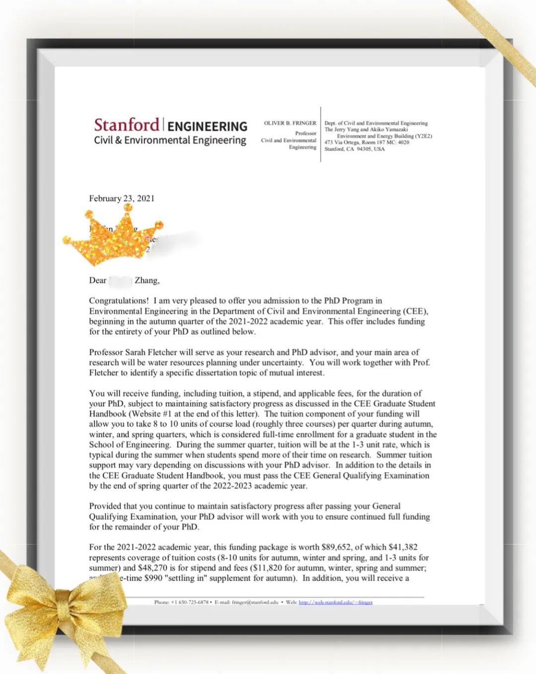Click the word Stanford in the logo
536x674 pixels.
click(x=127, y=124)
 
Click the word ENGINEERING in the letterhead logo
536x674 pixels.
click(x=207, y=126)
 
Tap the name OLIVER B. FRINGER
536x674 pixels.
click(x=290, y=123)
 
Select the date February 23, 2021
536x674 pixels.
click(x=122, y=198)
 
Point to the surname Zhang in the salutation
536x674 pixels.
click(x=146, y=281)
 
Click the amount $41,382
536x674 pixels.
click(x=403, y=548)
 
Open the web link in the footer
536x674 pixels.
click(x=335, y=602)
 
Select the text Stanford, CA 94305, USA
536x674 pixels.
click(x=354, y=149)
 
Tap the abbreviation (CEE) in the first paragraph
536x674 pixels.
click(x=415, y=311)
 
